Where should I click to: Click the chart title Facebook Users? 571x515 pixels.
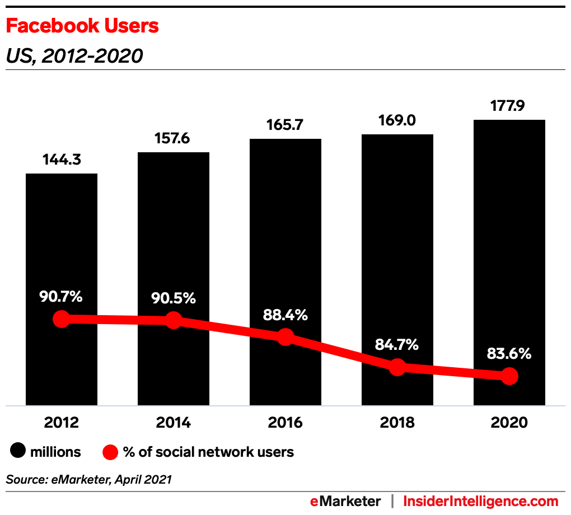(82, 26)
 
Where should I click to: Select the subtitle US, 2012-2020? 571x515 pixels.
(74, 56)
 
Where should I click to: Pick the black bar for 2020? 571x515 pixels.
(509, 224)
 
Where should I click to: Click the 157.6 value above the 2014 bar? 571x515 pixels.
(174, 138)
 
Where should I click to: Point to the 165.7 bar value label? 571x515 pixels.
(285, 125)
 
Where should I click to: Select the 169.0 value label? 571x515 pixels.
(397, 120)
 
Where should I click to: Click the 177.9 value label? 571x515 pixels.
(509, 106)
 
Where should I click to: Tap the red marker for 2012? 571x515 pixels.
(61, 319)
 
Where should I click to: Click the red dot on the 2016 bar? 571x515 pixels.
(285, 337)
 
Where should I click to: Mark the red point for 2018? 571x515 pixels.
(397, 367)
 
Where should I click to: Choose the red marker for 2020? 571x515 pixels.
(509, 376)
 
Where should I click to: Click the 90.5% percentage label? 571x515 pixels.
(173, 298)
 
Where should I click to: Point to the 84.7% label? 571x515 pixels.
(397, 345)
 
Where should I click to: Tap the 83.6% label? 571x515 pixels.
(509, 354)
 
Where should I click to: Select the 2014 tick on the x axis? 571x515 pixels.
(174, 423)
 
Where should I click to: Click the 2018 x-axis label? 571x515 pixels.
(397, 423)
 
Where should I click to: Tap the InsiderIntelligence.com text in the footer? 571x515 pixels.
(481, 501)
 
